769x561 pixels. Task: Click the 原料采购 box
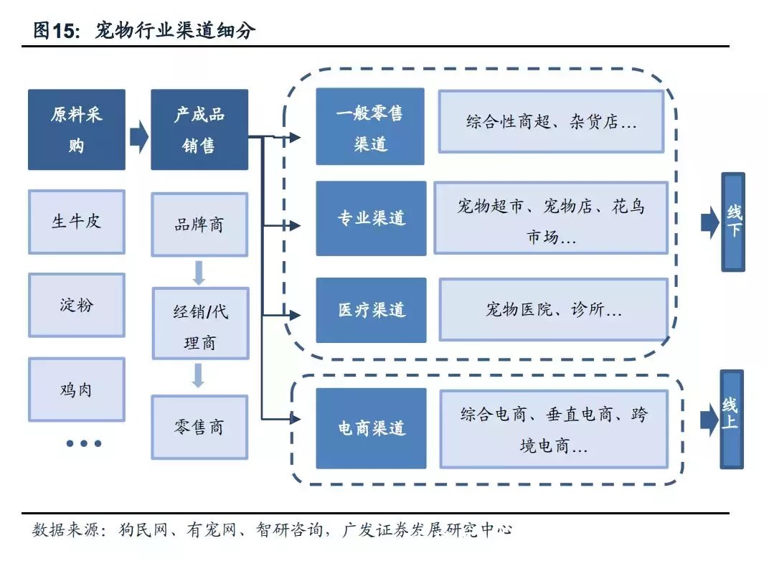tap(77, 130)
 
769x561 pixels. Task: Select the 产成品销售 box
tap(199, 130)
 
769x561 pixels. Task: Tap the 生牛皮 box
tap(77, 222)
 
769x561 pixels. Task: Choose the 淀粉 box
tap(77, 305)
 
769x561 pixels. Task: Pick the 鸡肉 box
tap(77, 390)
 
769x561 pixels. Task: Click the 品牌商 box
tap(199, 225)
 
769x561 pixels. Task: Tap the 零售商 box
tap(199, 428)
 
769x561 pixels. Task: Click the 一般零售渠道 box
tap(370, 127)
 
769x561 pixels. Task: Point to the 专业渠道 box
tap(371, 218)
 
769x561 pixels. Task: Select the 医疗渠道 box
tap(371, 310)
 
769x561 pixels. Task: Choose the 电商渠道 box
tap(371, 428)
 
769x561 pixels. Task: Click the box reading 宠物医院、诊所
tap(553, 310)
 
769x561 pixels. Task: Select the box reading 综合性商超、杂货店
tap(551, 121)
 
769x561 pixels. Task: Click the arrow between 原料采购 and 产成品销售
tap(138, 136)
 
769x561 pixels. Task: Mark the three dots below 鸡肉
tap(83, 443)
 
